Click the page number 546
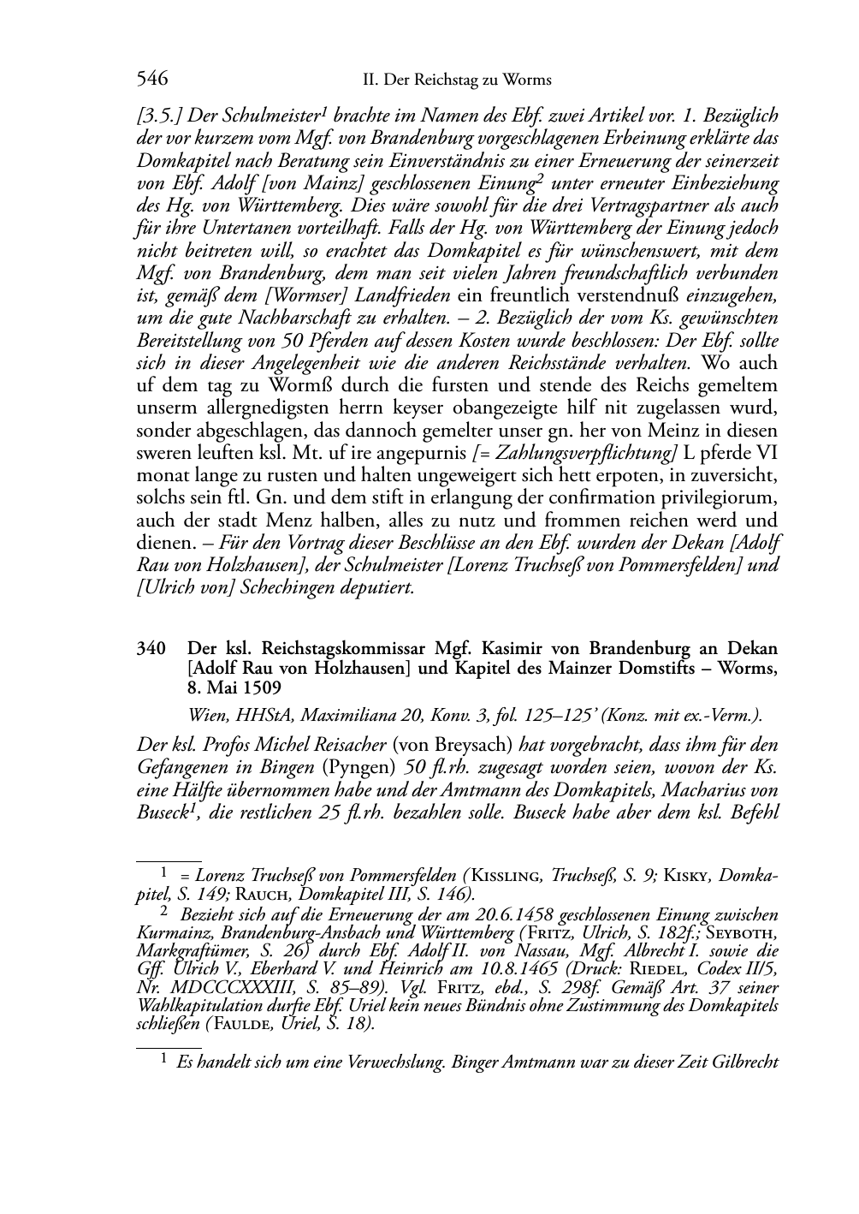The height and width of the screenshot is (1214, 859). [151, 80]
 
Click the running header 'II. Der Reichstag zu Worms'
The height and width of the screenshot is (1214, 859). [457, 80]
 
